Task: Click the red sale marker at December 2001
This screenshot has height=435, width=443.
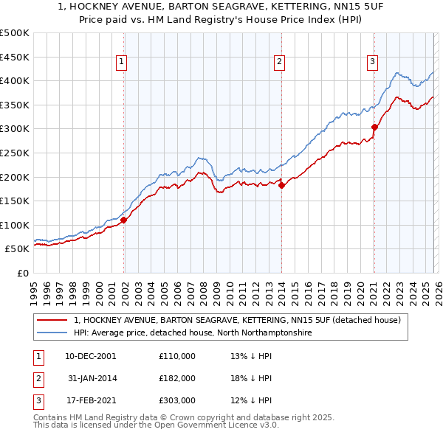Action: (x=124, y=220)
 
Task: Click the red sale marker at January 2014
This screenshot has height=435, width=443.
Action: (x=282, y=186)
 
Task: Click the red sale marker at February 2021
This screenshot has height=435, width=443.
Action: (x=374, y=127)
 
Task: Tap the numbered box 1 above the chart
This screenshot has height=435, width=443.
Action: (x=121, y=62)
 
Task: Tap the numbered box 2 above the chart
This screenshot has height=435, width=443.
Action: (x=279, y=62)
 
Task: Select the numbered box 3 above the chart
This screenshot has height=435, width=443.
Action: (x=373, y=62)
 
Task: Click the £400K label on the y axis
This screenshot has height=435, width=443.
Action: (x=15, y=81)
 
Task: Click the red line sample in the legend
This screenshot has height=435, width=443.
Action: (x=52, y=321)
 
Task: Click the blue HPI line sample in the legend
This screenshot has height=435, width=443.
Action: (x=52, y=333)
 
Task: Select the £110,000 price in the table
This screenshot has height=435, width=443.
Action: (x=176, y=355)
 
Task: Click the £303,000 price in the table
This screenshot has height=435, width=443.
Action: (x=176, y=401)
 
